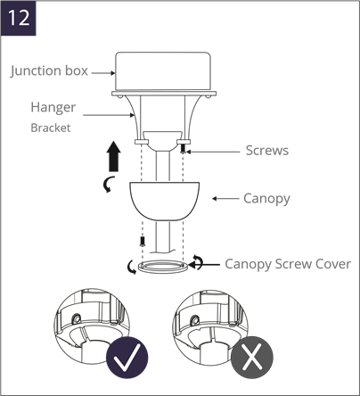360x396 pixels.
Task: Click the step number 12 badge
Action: click(x=18, y=19)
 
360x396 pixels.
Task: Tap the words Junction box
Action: click(x=49, y=71)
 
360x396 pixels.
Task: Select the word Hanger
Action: click(x=53, y=108)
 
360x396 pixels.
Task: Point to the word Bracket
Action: click(x=51, y=128)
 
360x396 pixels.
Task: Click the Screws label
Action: click(x=267, y=151)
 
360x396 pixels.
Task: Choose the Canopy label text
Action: click(x=266, y=199)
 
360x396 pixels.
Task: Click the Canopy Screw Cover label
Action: click(x=288, y=264)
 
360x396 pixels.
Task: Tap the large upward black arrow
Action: click(x=114, y=156)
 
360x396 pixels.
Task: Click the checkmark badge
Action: click(x=127, y=358)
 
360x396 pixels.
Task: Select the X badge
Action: click(x=252, y=358)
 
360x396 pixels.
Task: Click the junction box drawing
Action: click(x=163, y=71)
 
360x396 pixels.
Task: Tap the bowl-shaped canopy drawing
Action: click(x=165, y=202)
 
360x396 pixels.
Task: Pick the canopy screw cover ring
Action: click(x=163, y=267)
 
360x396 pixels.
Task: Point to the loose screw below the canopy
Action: click(x=143, y=241)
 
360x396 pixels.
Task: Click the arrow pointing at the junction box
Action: click(x=103, y=73)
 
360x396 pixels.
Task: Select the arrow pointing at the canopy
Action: click(x=225, y=199)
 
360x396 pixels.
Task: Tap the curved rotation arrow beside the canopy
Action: click(x=109, y=184)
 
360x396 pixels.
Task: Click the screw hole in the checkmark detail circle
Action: click(x=77, y=318)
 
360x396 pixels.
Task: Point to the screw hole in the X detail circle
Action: click(x=195, y=319)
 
